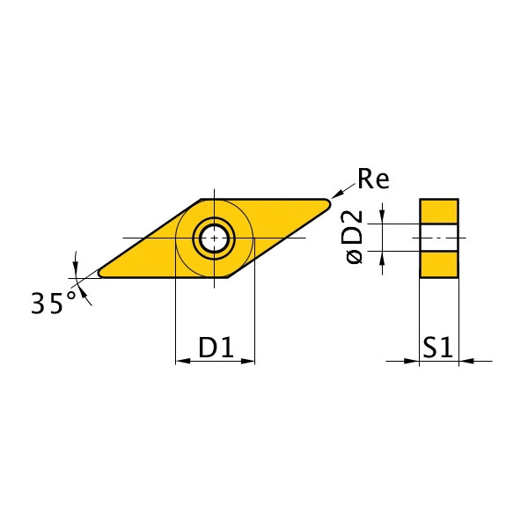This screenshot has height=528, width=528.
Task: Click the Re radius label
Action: click(373, 180)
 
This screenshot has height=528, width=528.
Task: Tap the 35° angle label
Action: click(54, 304)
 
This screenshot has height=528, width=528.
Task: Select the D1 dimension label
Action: click(215, 348)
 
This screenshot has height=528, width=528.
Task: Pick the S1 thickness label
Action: click(437, 348)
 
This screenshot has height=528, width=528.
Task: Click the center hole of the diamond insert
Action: click(215, 238)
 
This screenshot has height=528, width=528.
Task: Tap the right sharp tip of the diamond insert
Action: click(329, 204)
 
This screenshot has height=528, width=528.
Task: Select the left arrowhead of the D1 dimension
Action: click(180, 360)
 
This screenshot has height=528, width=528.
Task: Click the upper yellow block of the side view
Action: click(438, 211)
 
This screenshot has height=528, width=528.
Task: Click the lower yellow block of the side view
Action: click(438, 264)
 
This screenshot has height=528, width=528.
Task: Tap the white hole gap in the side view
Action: click(438, 238)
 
